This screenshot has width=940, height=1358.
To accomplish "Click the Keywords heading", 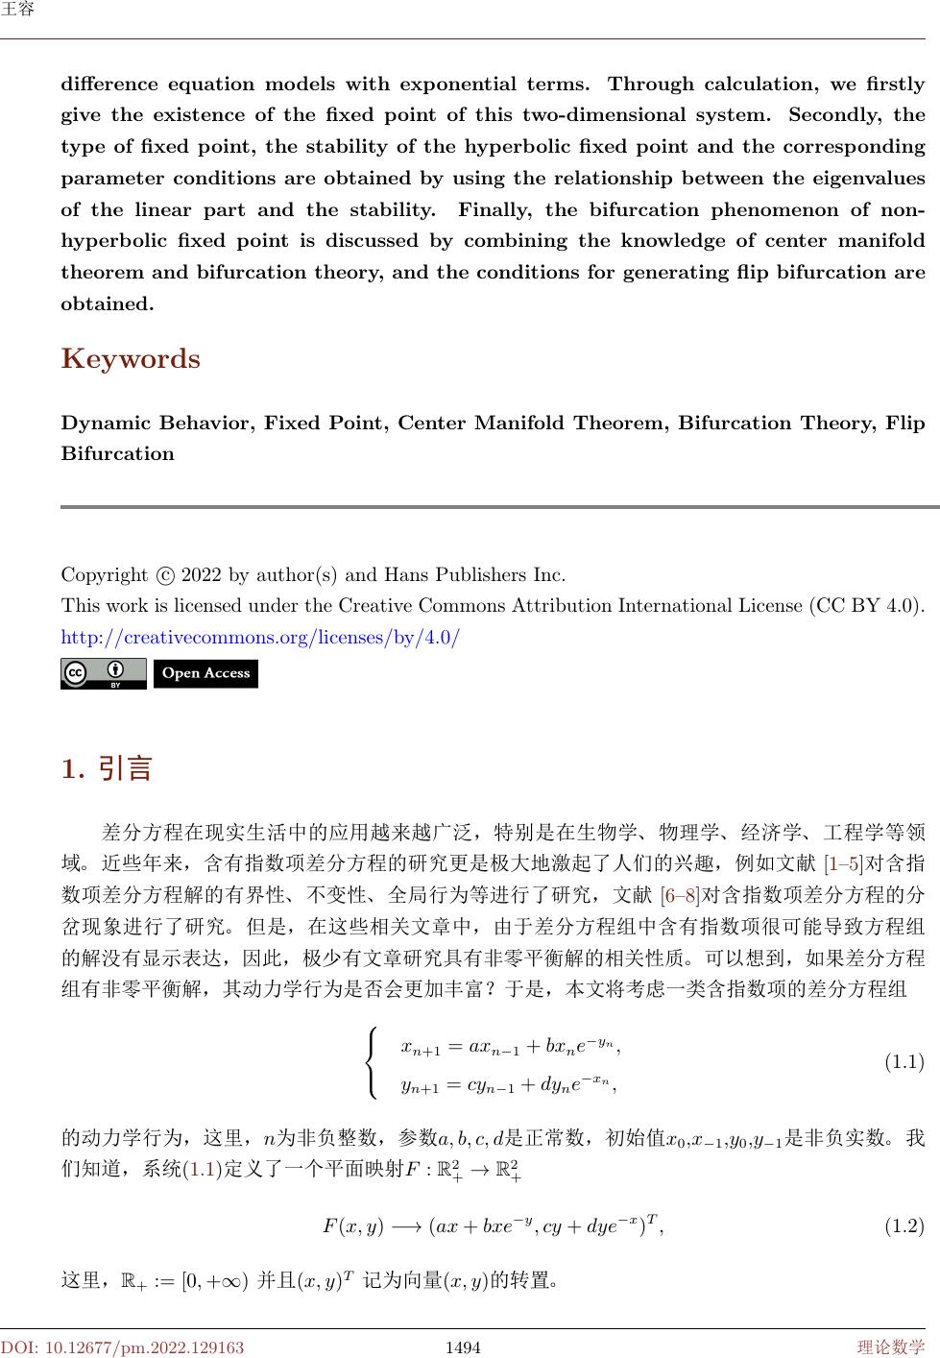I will pos(131,359).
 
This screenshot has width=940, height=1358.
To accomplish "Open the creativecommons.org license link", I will pos(260,637).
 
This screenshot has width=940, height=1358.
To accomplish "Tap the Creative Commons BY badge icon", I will pos(104,673).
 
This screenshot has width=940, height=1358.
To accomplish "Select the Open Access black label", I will pos(205,673).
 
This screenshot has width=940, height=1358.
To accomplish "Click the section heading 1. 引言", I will pos(107,768).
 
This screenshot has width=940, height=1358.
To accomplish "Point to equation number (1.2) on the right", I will pos(904,1225).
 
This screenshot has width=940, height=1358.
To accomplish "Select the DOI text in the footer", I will pos(122,1347).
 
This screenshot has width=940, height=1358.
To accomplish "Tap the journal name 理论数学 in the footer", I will pos(891,1347).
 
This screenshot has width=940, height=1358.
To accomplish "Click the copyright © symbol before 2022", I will pos(164,576).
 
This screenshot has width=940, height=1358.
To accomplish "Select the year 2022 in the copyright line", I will pos(202,575).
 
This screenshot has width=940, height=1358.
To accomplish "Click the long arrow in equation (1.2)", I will pos(406,1226).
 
